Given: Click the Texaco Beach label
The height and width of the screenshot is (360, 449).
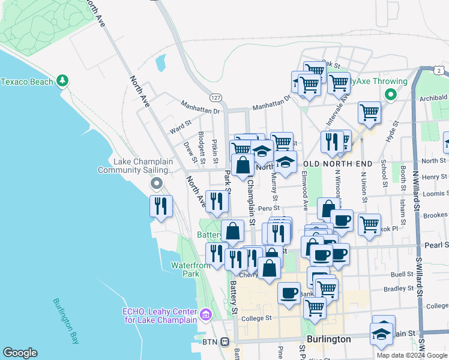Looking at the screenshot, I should pyautogui.click(x=28, y=81).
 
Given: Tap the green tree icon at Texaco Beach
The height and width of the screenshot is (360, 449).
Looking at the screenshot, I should pyautogui.click(x=62, y=81).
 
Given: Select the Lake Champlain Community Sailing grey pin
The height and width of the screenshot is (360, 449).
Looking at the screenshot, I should pyautogui.click(x=157, y=184).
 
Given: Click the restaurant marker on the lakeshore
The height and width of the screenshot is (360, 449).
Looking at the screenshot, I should pyautogui.click(x=160, y=206).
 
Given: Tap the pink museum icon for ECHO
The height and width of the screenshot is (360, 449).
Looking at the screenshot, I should pyautogui.click(x=205, y=313).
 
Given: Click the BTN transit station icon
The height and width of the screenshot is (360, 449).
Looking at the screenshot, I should pyautogui.click(x=224, y=341).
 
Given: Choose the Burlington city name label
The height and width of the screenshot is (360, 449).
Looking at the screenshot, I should pyautogui.click(x=328, y=339).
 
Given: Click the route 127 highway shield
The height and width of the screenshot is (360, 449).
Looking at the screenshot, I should pyautogui.click(x=215, y=97).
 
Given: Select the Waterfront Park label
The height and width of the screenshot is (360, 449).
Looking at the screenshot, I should pyautogui.click(x=184, y=269).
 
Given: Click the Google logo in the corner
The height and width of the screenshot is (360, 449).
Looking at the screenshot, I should pyautogui.click(x=20, y=353).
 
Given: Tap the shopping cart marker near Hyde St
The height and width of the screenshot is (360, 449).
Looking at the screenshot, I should pyautogui.click(x=369, y=112).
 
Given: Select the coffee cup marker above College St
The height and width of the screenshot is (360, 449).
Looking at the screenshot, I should pyautogui.click(x=289, y=293).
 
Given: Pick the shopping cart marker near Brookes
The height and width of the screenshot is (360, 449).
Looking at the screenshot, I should pyautogui.click(x=369, y=224).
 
